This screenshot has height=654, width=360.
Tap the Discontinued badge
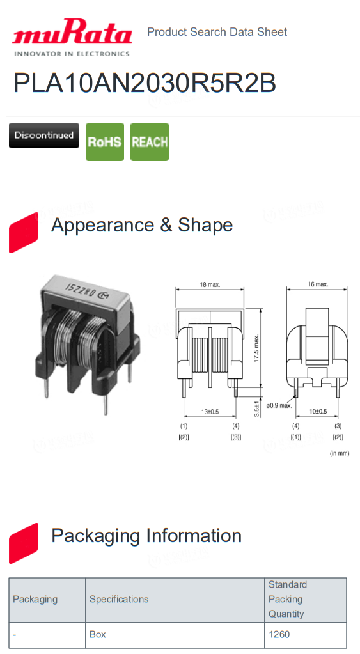click(x=43, y=135)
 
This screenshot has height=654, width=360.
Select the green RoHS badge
click(x=105, y=142)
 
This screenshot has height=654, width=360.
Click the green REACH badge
click(x=150, y=142)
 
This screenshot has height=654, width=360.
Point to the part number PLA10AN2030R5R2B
click(x=145, y=83)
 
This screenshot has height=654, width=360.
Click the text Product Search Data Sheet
click(x=217, y=32)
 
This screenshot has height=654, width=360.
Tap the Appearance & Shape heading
click(x=142, y=225)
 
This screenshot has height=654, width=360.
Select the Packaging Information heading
click(x=146, y=536)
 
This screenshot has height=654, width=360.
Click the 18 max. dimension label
click(x=210, y=284)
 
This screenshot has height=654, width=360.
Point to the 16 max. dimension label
click(x=318, y=284)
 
